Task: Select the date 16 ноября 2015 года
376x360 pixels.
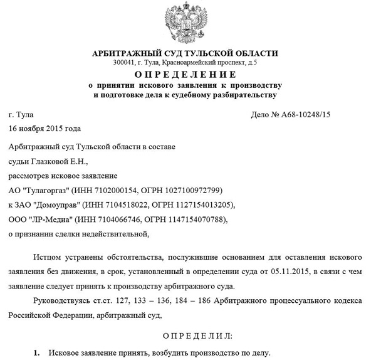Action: click(x=44, y=129)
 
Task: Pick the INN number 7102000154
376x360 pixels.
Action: click(x=113, y=189)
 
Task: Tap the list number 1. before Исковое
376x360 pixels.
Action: click(x=36, y=353)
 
